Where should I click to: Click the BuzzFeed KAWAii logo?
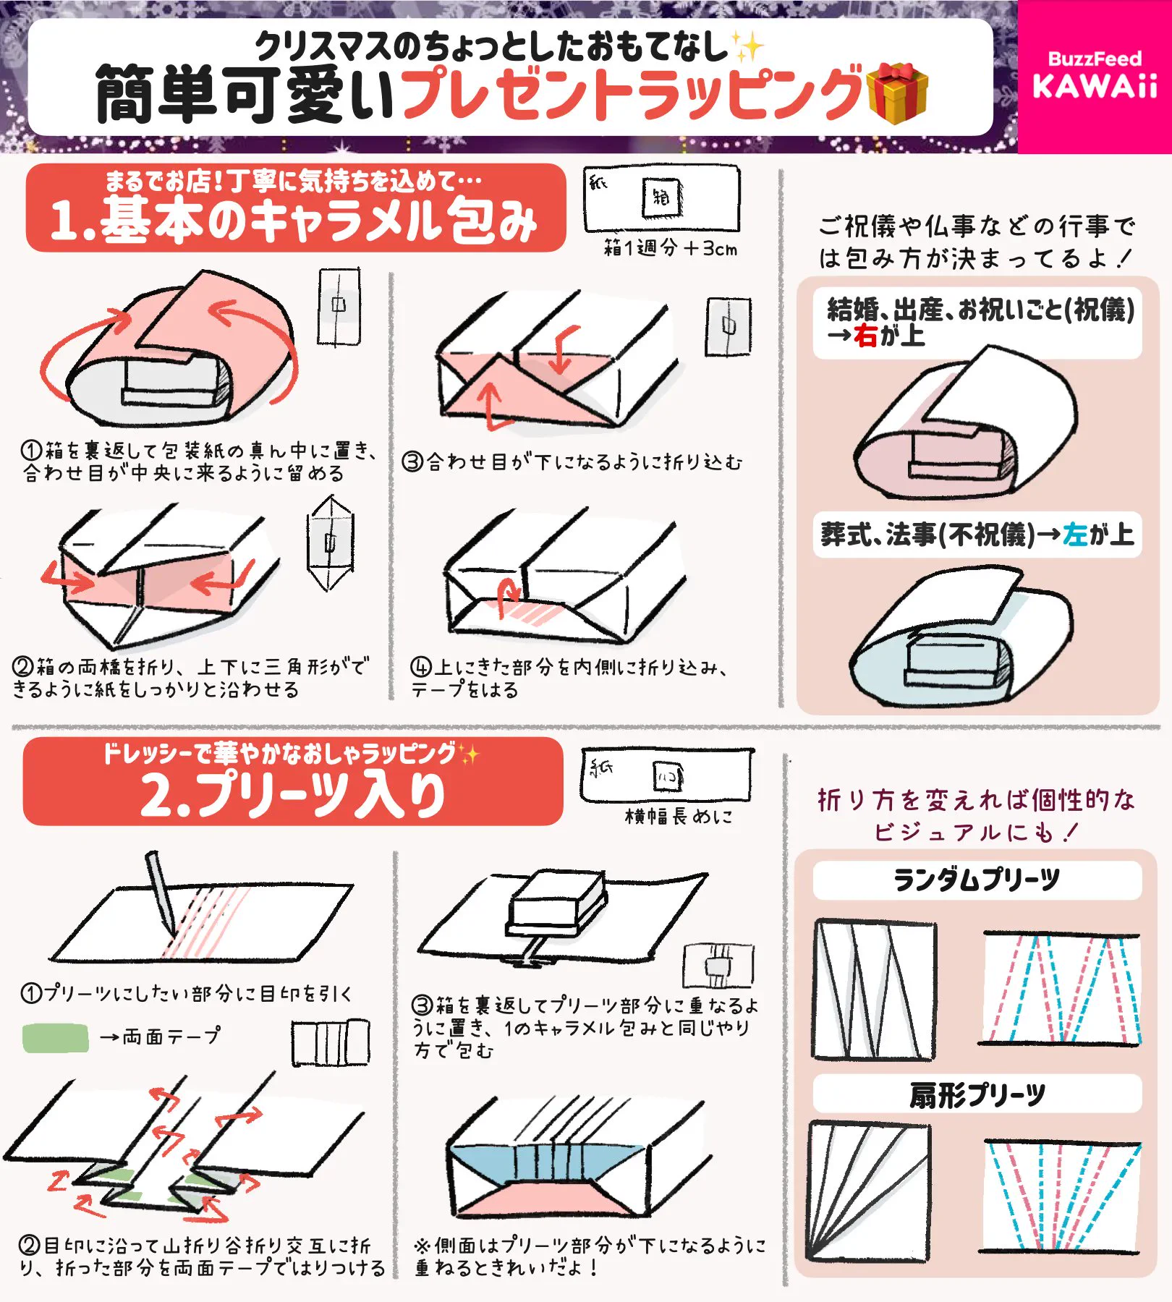[x=1095, y=75]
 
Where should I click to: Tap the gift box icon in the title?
[x=897, y=93]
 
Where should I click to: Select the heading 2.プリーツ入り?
[x=292, y=795]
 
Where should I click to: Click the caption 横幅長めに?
[x=679, y=817]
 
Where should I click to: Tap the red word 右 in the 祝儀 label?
[x=865, y=336]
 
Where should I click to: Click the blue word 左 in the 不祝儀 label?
[x=1076, y=535]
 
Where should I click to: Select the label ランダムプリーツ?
[x=977, y=880]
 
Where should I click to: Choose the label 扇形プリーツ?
[x=977, y=1095]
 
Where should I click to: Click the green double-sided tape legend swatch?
[x=55, y=1038]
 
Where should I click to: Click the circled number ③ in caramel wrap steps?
[x=412, y=461]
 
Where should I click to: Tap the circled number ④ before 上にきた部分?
[x=421, y=666]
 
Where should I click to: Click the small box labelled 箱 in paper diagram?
[x=661, y=197]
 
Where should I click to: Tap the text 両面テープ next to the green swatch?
[x=171, y=1037]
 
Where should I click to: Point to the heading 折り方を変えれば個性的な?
[x=977, y=800]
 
